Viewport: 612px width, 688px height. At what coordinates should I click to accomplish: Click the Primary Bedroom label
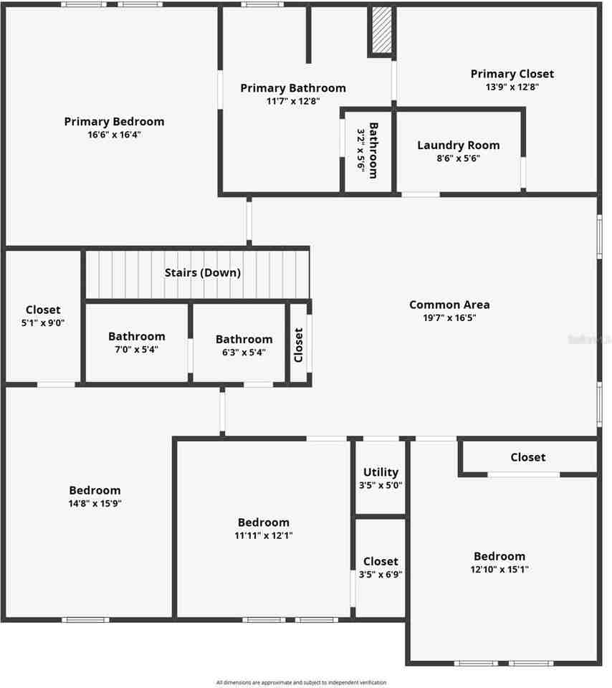coord(114,122)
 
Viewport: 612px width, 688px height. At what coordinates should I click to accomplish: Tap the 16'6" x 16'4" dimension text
coord(114,135)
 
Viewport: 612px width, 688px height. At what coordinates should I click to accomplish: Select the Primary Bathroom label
coord(292,88)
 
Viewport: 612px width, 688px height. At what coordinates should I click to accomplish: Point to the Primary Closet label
coord(512,74)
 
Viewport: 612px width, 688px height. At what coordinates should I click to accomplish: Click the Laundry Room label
coord(458,145)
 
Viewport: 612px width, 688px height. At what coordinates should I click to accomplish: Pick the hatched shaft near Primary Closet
coord(381,31)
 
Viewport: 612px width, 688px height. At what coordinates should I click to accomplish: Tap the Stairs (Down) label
coord(202,273)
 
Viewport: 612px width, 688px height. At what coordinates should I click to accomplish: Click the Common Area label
coord(449,305)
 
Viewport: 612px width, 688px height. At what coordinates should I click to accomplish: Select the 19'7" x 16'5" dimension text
coord(449,317)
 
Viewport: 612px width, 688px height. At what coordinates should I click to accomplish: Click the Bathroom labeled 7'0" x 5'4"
coord(136,336)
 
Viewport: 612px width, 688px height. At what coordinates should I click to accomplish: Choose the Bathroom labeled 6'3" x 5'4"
coord(244,340)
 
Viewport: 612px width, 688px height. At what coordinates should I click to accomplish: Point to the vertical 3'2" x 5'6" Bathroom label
coord(373,151)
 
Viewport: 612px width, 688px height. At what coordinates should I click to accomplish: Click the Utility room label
coord(381,472)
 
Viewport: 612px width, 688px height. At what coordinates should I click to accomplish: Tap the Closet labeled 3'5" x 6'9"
coord(381,561)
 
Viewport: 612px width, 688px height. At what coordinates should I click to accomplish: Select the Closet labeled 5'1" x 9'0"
coord(43,310)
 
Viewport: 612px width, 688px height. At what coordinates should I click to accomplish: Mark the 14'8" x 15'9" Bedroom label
coord(95,491)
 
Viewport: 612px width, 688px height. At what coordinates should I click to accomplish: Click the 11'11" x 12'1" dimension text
coord(264,535)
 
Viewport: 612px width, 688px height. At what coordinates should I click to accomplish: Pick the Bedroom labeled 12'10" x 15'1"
coord(499,556)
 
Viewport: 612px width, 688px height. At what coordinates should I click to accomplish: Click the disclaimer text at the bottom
coord(301,682)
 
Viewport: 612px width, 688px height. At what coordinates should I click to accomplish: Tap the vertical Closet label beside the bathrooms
coord(299,345)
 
